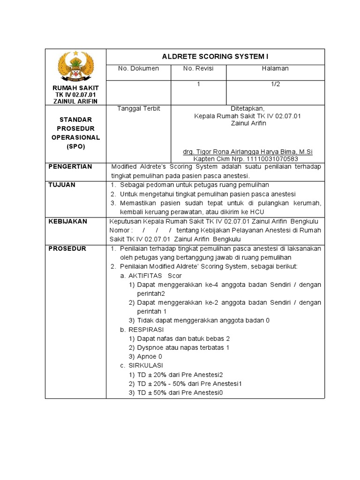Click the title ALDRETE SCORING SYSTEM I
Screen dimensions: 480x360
point(215,56)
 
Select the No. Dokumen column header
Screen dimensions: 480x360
point(138,68)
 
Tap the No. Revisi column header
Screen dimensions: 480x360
point(198,68)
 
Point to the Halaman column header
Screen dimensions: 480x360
point(275,68)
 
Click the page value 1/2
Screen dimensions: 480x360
point(275,84)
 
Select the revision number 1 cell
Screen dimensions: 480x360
point(198,84)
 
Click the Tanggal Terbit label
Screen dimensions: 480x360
point(138,108)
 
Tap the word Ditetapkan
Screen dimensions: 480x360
point(247,108)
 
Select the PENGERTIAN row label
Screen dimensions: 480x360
point(70,166)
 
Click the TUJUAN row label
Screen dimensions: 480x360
point(62,185)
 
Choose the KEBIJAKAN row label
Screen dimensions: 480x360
point(68,221)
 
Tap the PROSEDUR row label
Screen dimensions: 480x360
point(67,248)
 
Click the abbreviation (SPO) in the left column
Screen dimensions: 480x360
point(75,147)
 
